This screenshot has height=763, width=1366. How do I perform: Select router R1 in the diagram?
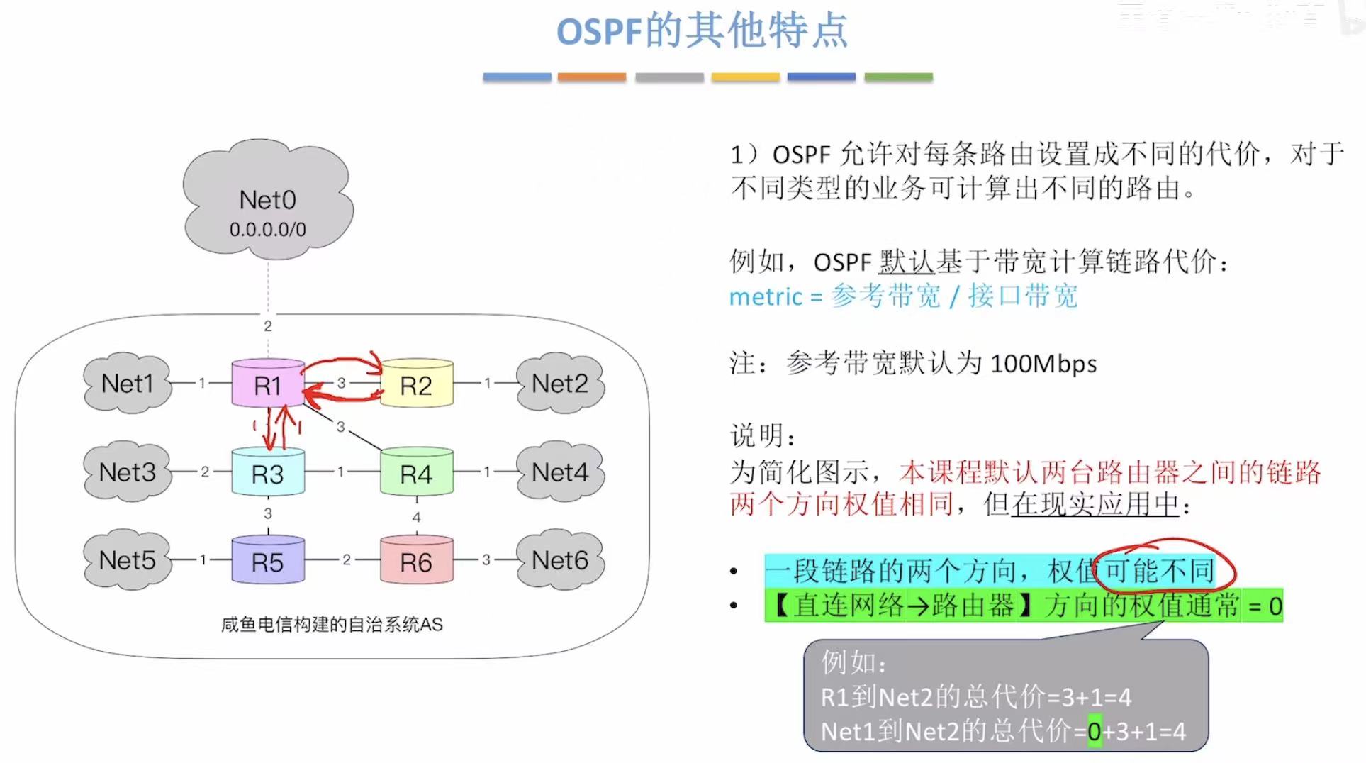coord(268,384)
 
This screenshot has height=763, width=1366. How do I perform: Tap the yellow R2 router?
coord(416,384)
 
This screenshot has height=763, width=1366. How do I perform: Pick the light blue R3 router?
coord(268,473)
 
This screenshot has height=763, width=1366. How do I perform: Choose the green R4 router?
coord(416,473)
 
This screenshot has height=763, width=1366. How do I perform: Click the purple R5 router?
coord(268,561)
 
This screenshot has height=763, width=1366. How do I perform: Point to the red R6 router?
coord(416,561)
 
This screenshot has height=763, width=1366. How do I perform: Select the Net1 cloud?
coord(128,383)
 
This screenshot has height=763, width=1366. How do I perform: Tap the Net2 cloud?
coord(560,383)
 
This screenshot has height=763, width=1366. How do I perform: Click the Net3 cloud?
coord(128,472)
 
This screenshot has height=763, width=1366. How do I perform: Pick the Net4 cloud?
coord(560,472)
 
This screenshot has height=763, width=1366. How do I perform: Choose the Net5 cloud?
coord(128,559)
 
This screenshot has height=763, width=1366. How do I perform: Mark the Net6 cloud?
coord(560,559)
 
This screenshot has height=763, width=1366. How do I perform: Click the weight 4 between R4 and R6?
coord(416,517)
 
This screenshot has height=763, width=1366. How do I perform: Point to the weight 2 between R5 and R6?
coord(346,559)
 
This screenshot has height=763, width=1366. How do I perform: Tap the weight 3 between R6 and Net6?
coord(486,559)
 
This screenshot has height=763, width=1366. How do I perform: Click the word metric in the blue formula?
coord(766,296)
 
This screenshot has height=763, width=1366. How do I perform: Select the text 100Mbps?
coord(1043,364)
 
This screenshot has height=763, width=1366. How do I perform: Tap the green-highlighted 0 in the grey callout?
coord(1095,731)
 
